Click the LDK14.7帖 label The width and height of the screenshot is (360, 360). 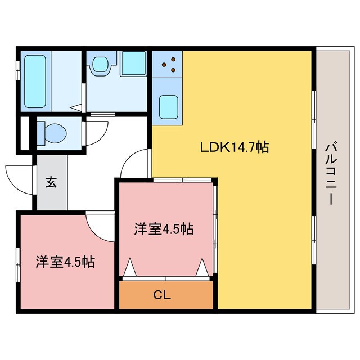tap(234, 147)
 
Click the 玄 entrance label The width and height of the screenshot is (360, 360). tap(51, 182)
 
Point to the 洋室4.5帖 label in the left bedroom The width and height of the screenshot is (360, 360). tap(65, 262)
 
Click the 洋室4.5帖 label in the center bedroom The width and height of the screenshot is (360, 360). tap(164, 229)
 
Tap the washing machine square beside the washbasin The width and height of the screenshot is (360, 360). tap(133, 65)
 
